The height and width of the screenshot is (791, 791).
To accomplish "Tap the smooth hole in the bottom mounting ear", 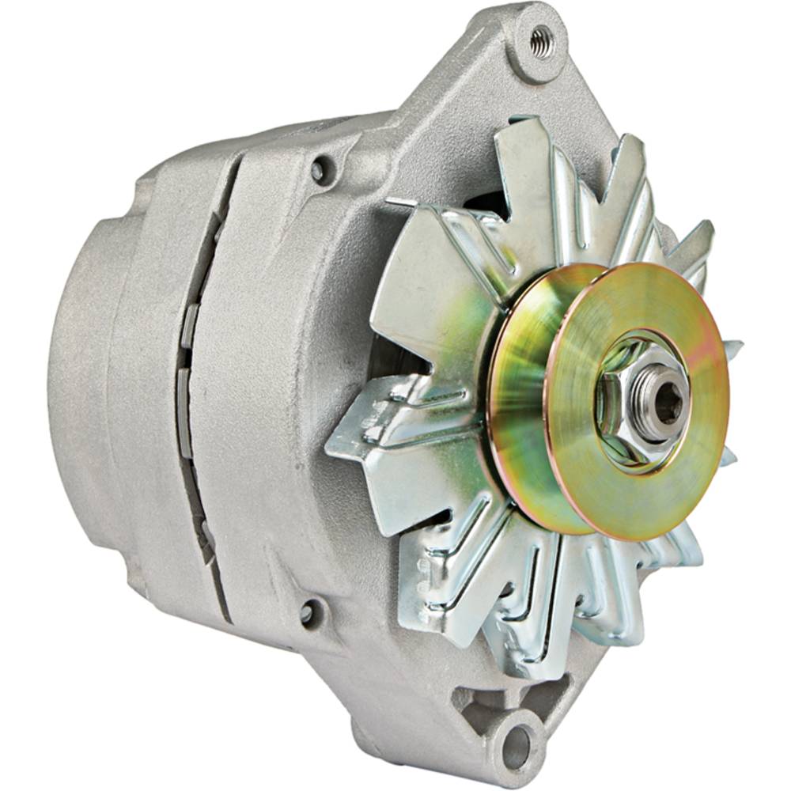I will (516, 742).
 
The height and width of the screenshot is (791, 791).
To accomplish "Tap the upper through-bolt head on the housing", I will (320, 168).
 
